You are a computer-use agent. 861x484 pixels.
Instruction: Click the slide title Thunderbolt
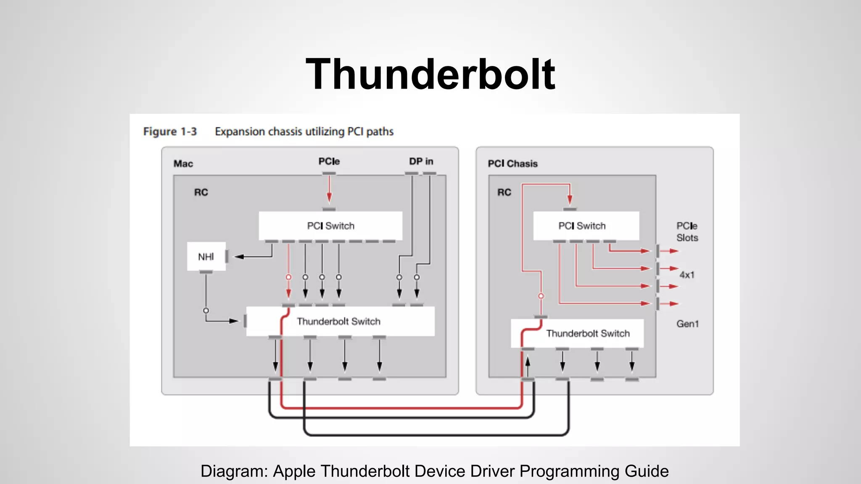(x=430, y=75)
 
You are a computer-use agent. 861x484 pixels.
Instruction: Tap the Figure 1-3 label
(x=170, y=132)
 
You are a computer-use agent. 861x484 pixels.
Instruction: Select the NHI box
(x=206, y=256)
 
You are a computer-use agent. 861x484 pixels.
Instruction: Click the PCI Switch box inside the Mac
(x=330, y=226)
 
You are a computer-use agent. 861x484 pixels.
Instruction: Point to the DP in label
(x=421, y=161)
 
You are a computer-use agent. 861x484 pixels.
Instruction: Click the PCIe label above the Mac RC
(x=329, y=161)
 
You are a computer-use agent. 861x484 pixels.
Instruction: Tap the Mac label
(x=183, y=163)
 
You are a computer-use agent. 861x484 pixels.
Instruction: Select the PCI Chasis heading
(x=512, y=163)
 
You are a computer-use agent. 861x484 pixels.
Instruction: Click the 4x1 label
(x=687, y=275)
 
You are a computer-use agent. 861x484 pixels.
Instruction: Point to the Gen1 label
(x=687, y=324)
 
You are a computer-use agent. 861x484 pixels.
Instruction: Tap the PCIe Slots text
(x=687, y=231)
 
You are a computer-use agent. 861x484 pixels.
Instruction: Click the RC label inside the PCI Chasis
(x=504, y=192)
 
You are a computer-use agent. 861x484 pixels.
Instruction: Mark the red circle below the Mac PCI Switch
(x=288, y=277)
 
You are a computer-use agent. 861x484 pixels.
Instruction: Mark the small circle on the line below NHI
(x=206, y=310)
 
